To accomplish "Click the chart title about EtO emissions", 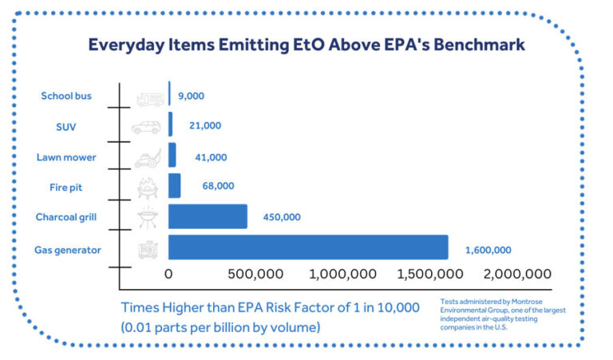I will click(306, 45).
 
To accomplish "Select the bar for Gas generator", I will click(307, 247).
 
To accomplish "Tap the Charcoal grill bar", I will click(208, 216).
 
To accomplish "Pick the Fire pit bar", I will click(174, 185).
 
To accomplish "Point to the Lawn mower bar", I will click(172, 155).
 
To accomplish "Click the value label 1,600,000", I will click(488, 250).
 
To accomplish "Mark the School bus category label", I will click(66, 96).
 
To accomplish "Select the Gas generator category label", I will click(68, 250).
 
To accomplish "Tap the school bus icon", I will click(148, 97).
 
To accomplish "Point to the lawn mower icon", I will click(148, 157).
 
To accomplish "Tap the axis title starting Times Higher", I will click(270, 316).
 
